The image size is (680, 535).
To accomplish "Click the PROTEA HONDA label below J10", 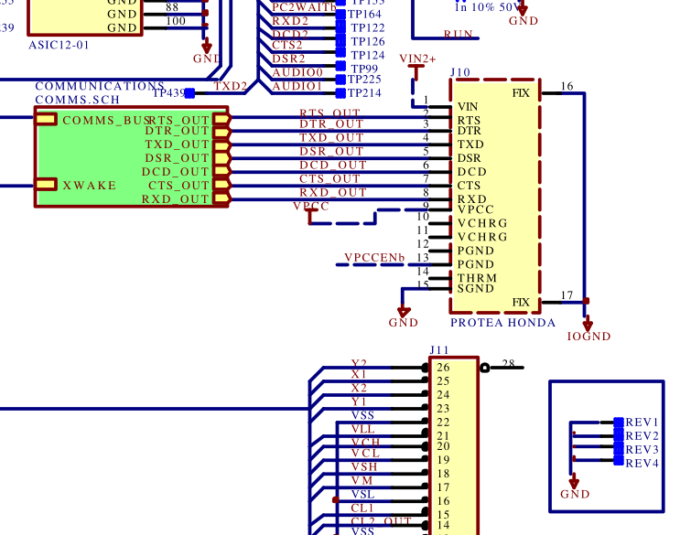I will click(502, 323).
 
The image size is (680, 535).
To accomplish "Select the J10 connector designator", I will click(460, 71).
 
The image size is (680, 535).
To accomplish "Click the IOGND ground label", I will click(588, 337).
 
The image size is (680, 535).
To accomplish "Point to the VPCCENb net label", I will click(374, 258).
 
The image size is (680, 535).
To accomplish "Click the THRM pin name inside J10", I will click(476, 278).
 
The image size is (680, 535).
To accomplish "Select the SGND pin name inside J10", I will click(476, 289).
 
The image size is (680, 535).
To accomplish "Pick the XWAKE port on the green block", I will click(89, 186).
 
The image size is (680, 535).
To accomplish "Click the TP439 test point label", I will click(168, 93).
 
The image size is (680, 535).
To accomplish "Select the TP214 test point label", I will click(364, 93).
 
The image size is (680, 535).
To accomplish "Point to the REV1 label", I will click(642, 423).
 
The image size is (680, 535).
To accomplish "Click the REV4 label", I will click(642, 464).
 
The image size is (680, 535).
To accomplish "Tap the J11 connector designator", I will click(439, 350).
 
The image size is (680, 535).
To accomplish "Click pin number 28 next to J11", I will click(510, 364).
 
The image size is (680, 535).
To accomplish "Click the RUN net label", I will click(459, 35).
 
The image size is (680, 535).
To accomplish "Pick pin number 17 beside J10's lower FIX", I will click(567, 294).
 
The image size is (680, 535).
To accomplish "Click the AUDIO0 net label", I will click(297, 72).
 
